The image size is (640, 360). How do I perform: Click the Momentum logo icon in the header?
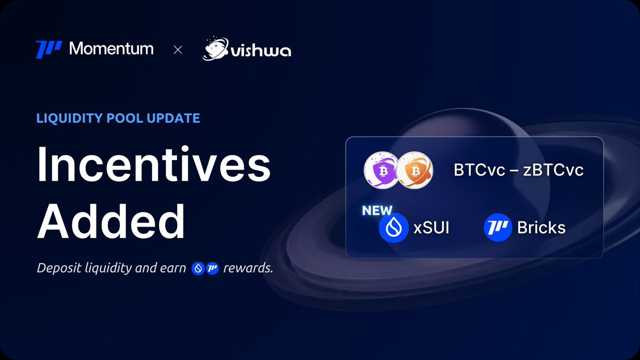[49, 50]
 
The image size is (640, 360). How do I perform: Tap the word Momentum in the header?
[111, 49]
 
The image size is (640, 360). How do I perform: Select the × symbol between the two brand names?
[178, 50]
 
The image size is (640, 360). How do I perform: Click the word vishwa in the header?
[261, 52]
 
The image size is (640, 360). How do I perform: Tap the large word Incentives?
[154, 166]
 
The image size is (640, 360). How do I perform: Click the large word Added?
[111, 221]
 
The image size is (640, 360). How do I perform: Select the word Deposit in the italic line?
[59, 268]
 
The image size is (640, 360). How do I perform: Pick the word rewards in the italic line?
[248, 268]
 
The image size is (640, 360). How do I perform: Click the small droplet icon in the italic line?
[198, 268]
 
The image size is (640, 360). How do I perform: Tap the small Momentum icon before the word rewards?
[213, 268]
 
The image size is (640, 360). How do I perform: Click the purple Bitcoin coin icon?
[379, 171]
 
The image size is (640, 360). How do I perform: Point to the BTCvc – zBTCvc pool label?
[518, 171]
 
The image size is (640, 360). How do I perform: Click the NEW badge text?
[377, 211]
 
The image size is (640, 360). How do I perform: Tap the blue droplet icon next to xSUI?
[394, 228]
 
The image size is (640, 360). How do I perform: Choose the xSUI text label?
[431, 228]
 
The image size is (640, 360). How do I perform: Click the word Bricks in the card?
[541, 228]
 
